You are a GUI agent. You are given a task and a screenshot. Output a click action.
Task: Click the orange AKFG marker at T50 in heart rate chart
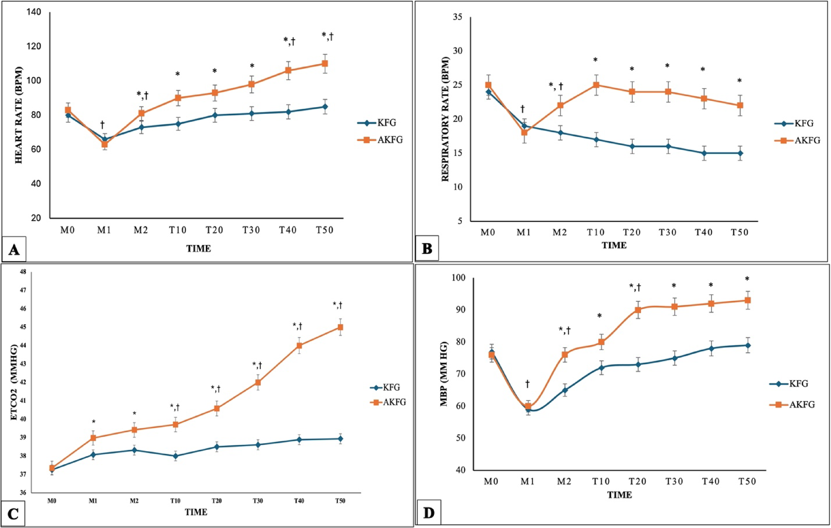[x=325, y=64]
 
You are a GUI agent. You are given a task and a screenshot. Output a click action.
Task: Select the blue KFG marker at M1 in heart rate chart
[x=104, y=139]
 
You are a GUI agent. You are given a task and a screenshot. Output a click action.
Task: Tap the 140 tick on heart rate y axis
[x=34, y=12]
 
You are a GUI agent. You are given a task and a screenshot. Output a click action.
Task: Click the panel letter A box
[x=14, y=249]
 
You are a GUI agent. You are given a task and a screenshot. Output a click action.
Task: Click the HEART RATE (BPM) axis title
[x=18, y=115]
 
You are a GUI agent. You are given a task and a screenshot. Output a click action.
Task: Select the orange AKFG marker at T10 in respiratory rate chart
[x=596, y=85]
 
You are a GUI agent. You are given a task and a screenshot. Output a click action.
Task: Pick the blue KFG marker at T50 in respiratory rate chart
[x=740, y=153]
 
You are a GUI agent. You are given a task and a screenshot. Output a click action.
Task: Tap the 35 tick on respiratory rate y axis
[x=457, y=17]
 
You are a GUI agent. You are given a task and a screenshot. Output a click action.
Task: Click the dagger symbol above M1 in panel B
[x=523, y=109]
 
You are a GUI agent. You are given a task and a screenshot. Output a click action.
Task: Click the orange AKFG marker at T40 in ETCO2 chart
[x=299, y=345]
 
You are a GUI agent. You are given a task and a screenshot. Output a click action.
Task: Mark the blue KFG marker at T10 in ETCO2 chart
[x=175, y=456]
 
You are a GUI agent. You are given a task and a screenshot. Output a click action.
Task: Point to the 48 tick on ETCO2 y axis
[x=23, y=272]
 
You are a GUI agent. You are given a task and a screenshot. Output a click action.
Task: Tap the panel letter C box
[x=13, y=514]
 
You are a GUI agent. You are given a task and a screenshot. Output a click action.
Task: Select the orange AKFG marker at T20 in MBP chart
[x=638, y=310]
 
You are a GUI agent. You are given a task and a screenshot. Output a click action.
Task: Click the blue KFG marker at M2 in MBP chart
[x=565, y=390]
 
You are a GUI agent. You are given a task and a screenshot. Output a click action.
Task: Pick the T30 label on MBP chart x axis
[x=674, y=482]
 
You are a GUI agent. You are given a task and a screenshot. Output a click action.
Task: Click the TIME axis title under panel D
[x=619, y=495]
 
